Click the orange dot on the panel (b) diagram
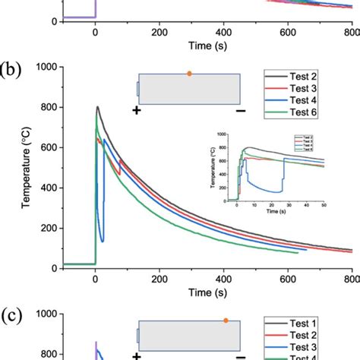tap(189, 74)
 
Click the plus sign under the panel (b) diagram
tap(137, 111)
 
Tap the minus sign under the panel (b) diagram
tap(241, 111)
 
